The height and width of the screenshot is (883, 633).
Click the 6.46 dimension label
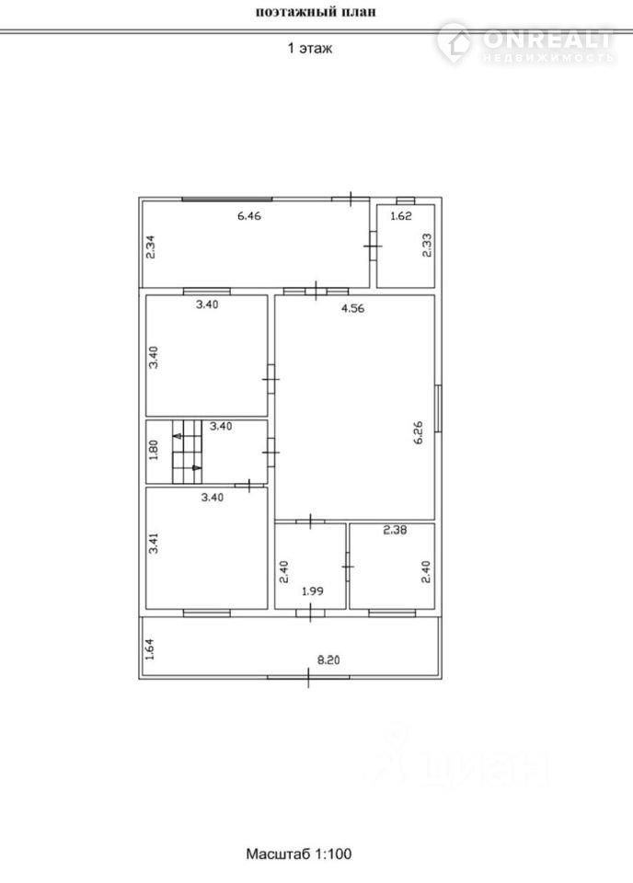(249, 215)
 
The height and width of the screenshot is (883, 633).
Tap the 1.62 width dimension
(401, 215)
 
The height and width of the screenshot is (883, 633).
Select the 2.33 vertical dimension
(428, 246)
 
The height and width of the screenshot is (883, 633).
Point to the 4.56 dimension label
(352, 308)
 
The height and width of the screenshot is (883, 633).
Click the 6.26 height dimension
(418, 433)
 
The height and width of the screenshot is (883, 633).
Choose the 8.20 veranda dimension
(328, 660)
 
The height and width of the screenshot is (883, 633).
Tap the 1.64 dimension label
(149, 648)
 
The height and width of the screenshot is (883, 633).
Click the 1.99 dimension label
(313, 591)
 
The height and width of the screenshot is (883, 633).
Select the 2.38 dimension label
(395, 530)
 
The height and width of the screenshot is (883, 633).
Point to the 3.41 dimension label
(154, 544)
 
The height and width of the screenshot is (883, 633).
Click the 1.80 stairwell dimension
(153, 451)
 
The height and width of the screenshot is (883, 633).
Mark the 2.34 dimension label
(150, 247)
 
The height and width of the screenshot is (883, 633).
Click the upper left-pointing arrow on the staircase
(177, 435)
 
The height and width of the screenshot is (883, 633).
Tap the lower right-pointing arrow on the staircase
(197, 467)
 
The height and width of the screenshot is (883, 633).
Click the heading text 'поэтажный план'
(316, 11)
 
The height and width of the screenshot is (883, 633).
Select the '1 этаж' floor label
(310, 48)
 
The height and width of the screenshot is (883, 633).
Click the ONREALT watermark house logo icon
(455, 41)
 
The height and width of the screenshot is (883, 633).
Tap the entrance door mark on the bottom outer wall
(308, 677)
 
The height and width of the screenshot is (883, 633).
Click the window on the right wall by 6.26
(438, 408)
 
